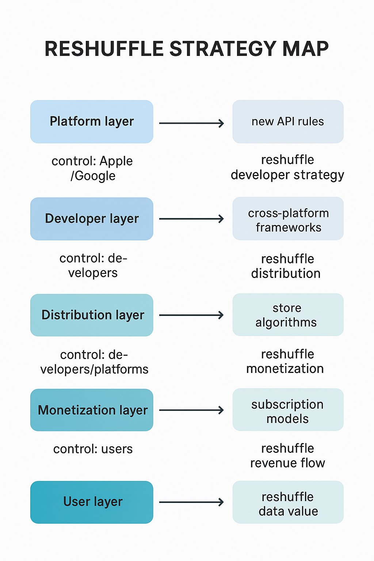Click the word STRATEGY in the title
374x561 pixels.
pyautogui.click(x=223, y=49)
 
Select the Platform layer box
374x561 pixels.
pyautogui.click(x=92, y=122)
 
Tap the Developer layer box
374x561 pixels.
pyautogui.click(x=92, y=219)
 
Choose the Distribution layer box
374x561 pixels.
pyautogui.click(x=92, y=315)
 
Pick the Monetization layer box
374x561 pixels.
pyautogui.click(x=92, y=410)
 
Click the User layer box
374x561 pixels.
pyautogui.click(x=92, y=502)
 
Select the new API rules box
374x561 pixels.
pyautogui.click(x=288, y=122)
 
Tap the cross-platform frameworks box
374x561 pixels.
pyautogui.click(x=288, y=219)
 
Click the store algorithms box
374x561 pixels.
pyautogui.click(x=288, y=315)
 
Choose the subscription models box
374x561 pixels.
pyautogui.click(x=288, y=410)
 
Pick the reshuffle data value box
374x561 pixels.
pyautogui.click(x=288, y=502)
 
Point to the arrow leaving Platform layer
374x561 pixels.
pyautogui.click(x=191, y=123)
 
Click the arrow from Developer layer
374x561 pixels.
pyautogui.click(x=191, y=219)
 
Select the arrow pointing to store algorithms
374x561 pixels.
pyautogui.click(x=191, y=315)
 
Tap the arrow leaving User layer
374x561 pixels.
pyautogui.click(x=191, y=502)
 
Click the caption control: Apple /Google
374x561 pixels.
pyautogui.click(x=92, y=168)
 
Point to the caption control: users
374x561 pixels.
pyautogui.click(x=93, y=449)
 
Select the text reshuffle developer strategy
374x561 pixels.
pyautogui.click(x=287, y=167)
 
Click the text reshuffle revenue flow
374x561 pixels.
pyautogui.click(x=287, y=455)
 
